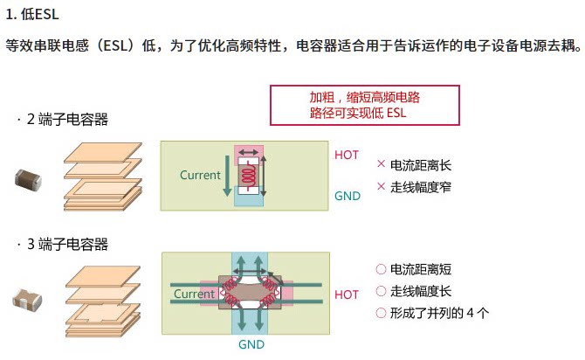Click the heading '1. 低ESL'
(32, 15)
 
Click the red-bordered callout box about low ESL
(364, 106)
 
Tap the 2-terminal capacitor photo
(28, 180)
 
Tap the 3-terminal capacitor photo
(27, 299)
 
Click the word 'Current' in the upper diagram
(200, 175)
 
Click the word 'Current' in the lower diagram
(194, 294)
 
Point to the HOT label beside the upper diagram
(347, 155)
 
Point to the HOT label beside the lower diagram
(347, 294)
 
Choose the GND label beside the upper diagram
(348, 196)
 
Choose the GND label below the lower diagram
(251, 344)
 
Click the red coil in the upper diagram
(249, 176)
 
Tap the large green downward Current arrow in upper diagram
(227, 176)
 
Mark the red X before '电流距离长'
(381, 164)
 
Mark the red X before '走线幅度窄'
(381, 186)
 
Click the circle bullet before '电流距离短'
(381, 269)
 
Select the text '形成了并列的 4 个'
(439, 313)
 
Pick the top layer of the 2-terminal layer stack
(103, 153)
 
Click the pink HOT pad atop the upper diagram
(249, 152)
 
